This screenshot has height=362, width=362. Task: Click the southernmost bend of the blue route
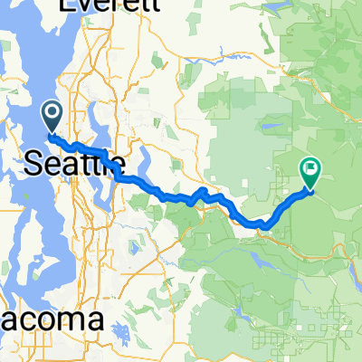[x=260, y=224]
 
